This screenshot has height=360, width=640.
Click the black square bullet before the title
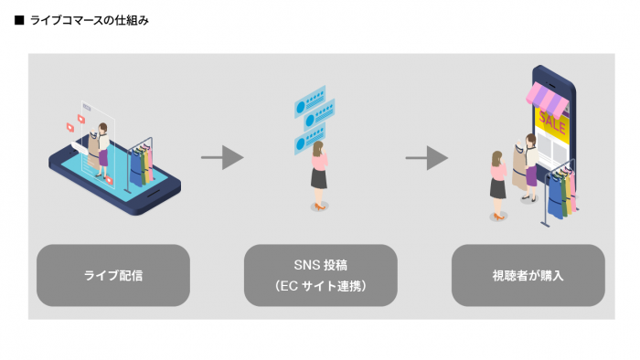[19, 20]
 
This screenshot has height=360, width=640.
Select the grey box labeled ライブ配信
[113, 275]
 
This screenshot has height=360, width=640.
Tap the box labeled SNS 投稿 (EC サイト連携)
[320, 275]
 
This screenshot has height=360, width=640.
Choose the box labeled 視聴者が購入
[528, 275]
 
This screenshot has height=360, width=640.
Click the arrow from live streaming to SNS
[221, 157]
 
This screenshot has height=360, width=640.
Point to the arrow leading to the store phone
[426, 157]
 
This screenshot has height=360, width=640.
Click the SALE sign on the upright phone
[552, 121]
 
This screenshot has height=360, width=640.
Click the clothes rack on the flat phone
[140, 164]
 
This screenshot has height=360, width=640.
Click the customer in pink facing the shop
[498, 183]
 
